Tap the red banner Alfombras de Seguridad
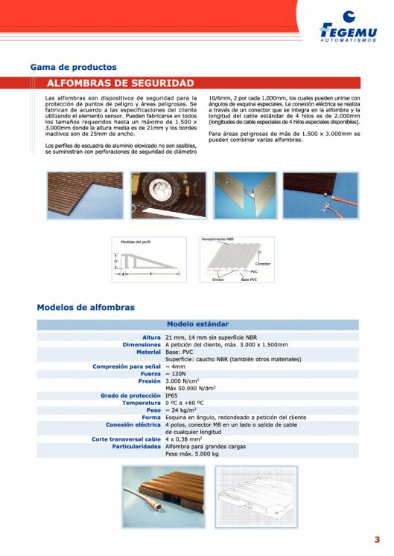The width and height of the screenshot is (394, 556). [x=120, y=83]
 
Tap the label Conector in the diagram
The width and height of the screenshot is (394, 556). [x=263, y=264]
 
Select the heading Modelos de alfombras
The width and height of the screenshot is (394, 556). [x=86, y=307]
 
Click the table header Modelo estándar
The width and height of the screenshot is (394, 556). [x=197, y=325]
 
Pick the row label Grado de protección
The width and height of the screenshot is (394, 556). [x=130, y=395]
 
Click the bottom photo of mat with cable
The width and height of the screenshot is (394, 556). [x=163, y=497]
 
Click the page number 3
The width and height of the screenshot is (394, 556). [x=377, y=540]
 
